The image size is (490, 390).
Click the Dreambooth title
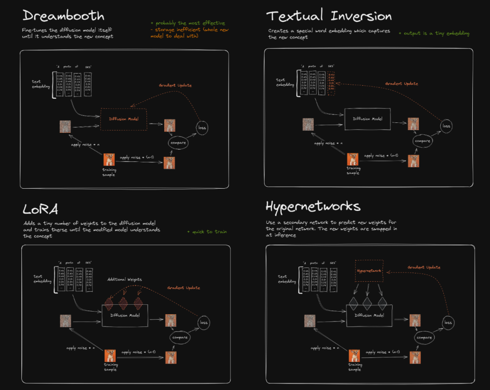tap(63, 16)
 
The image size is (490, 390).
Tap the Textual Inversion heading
tap(329, 16)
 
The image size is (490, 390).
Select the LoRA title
tap(40, 209)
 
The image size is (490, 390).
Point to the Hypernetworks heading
tap(313, 207)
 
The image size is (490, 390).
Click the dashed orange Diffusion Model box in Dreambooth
tap(123, 119)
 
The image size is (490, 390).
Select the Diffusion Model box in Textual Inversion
tap(367, 119)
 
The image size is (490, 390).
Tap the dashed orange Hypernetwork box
tap(369, 271)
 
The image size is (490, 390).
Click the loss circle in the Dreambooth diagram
tap(202, 127)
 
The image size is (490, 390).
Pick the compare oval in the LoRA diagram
tap(180, 337)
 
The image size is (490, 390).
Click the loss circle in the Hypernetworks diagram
tap(448, 322)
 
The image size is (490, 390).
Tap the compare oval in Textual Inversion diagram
tap(423, 141)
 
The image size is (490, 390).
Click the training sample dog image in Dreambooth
tap(109, 160)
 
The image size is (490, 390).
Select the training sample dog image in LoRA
tap(110, 356)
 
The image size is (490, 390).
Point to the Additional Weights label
tap(124, 279)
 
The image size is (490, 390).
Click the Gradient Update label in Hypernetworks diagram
tap(424, 268)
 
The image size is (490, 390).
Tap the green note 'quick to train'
tap(207, 232)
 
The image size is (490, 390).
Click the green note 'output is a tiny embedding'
tap(434, 33)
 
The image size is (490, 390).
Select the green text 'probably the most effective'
tap(187, 23)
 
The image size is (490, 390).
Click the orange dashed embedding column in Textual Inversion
tap(331, 83)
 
